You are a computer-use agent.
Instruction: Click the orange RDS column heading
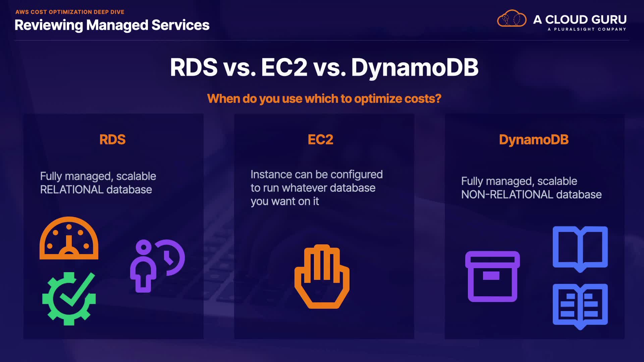tap(112, 140)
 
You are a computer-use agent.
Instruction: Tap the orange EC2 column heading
tap(320, 140)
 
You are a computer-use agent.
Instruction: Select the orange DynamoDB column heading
tap(534, 140)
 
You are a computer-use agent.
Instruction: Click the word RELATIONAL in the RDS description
tap(72, 190)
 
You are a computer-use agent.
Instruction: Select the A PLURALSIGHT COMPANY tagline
tap(587, 29)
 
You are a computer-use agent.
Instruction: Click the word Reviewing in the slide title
tap(49, 25)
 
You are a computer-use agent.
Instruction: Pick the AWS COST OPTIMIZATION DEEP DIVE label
tap(70, 12)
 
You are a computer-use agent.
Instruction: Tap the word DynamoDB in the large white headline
tap(415, 67)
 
